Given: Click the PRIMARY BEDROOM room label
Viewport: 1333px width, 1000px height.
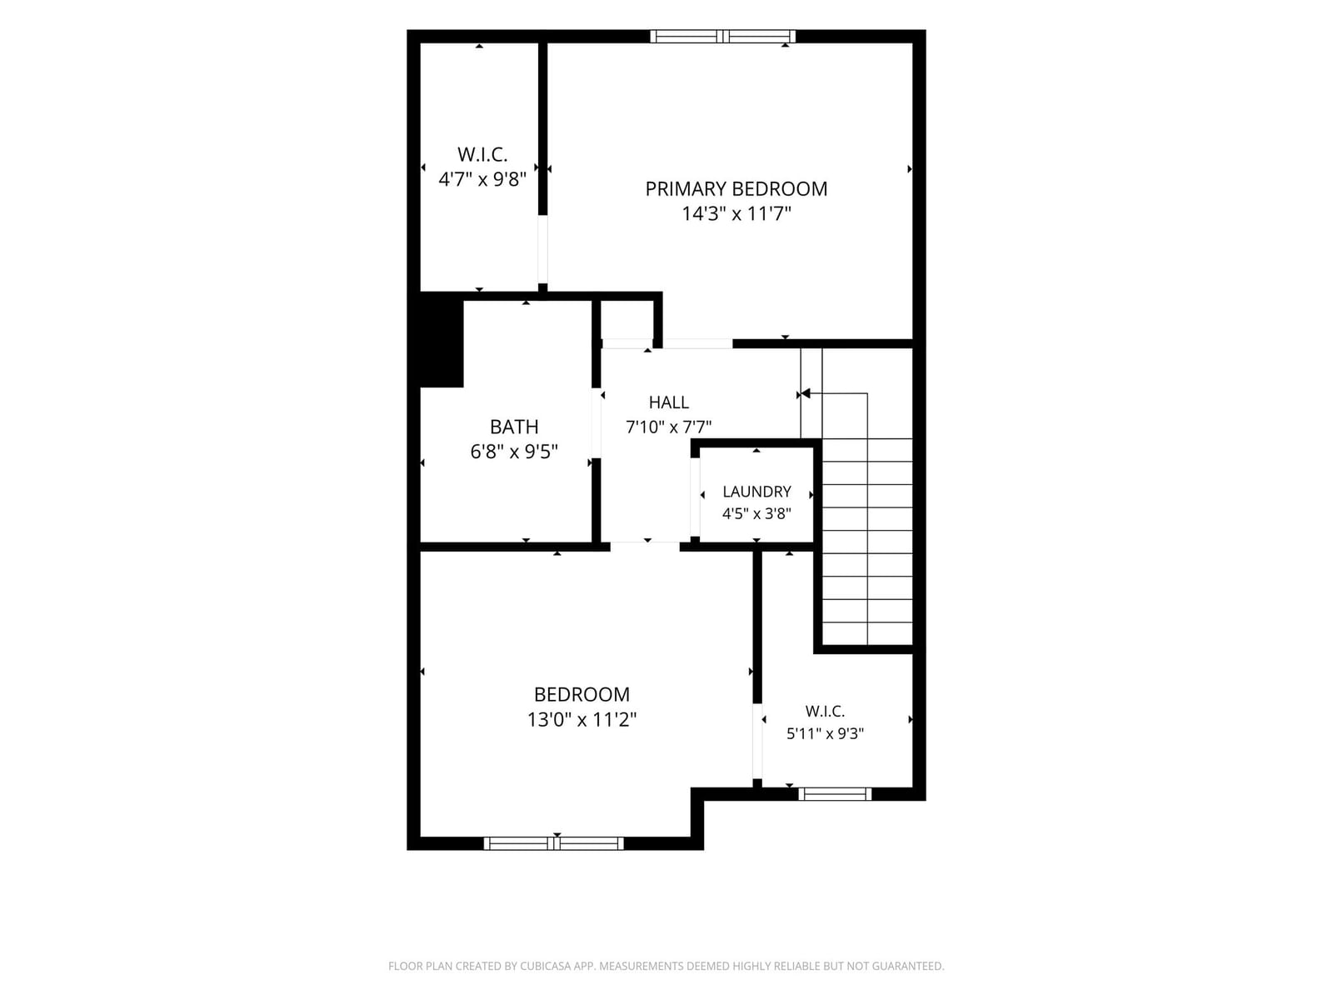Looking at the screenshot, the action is [x=736, y=189].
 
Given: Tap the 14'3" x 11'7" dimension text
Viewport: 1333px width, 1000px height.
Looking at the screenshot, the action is [x=736, y=213].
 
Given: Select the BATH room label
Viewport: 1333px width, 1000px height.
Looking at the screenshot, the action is [x=514, y=427].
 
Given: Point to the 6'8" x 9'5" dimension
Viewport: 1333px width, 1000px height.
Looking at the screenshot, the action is [x=514, y=452].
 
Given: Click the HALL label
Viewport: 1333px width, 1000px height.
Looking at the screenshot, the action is [x=669, y=402].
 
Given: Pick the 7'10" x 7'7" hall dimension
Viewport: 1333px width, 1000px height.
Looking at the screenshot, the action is [x=669, y=427].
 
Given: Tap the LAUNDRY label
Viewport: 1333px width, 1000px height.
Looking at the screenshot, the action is [x=756, y=491].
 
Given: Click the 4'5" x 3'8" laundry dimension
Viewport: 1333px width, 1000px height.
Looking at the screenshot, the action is [x=756, y=513].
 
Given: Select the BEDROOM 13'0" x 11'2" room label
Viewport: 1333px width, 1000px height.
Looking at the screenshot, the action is [x=582, y=694].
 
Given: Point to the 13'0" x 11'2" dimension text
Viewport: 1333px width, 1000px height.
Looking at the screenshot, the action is [x=582, y=719].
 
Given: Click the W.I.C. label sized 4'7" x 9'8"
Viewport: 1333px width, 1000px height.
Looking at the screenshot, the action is [x=482, y=155].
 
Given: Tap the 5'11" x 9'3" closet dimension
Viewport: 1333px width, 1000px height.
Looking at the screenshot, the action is [x=826, y=733].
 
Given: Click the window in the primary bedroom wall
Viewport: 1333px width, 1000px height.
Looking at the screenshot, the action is [x=722, y=37].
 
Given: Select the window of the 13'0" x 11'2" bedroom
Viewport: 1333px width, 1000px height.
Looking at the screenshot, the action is [x=554, y=842].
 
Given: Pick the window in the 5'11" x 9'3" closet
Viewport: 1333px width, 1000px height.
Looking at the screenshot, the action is [x=835, y=793].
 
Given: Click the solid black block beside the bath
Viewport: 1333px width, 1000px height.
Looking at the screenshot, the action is [x=442, y=340].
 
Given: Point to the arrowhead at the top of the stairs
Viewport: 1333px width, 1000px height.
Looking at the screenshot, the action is [x=806, y=393].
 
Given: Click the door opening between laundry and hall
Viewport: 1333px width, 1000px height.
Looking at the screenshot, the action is [x=696, y=497].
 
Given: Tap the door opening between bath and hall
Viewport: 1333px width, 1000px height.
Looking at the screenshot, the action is [x=597, y=422].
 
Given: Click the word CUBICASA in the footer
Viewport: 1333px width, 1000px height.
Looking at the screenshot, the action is [x=546, y=965].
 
